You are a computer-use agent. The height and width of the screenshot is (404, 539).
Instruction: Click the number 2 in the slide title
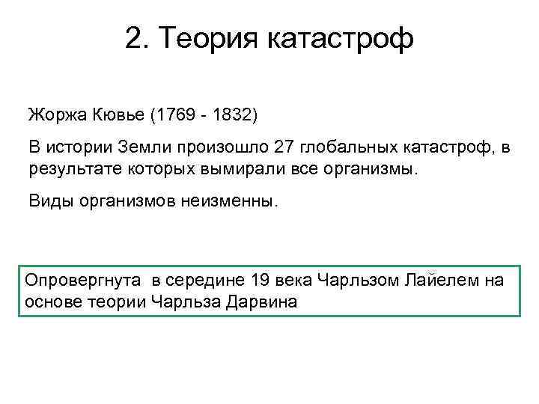(133, 38)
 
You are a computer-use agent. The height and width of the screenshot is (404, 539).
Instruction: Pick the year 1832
(231, 116)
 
